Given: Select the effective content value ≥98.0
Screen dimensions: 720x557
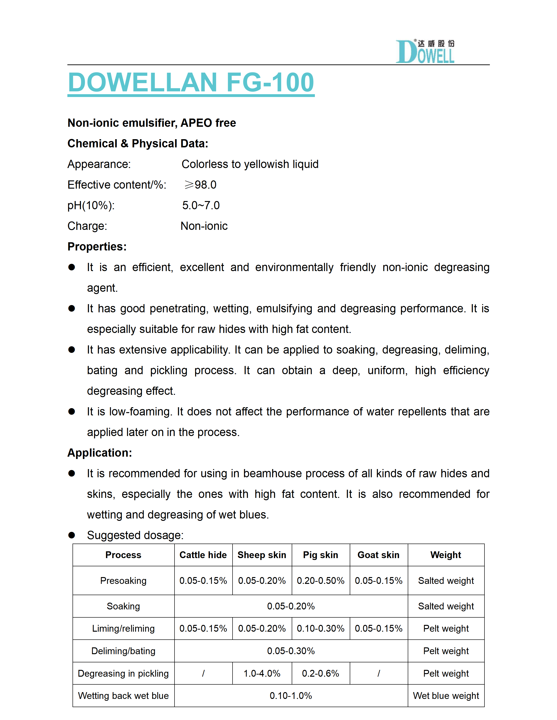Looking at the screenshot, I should (200, 185).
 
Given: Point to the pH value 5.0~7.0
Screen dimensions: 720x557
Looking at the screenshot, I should (201, 205).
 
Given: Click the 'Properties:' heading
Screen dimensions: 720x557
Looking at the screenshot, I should (97, 246).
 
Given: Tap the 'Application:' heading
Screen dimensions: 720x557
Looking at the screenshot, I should (99, 453).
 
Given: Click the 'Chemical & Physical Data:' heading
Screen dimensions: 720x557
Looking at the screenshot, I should (138, 143).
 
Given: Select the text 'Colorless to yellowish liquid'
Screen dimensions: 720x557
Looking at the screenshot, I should (250, 164).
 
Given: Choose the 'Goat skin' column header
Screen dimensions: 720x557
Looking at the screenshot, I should (378, 555).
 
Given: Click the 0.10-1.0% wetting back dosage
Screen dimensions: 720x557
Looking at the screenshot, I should (291, 696).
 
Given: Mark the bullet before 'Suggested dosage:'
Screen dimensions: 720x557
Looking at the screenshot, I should (71, 535).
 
